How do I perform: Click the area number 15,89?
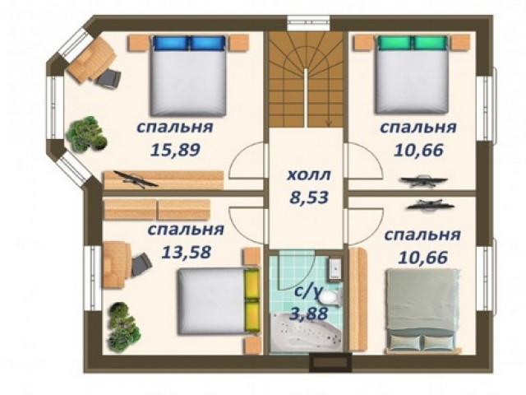pos(175,150)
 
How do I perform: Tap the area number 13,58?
pos(187,252)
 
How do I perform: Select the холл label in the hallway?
pos(309,175)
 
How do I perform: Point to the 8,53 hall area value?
pos(309,197)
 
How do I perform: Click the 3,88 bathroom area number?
pos(308,314)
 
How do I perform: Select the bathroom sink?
pos(335,268)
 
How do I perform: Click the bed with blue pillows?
pos(188,75)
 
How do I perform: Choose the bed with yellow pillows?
pos(219,300)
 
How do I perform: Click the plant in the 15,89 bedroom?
pos(86,133)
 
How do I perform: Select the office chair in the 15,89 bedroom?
pos(109,79)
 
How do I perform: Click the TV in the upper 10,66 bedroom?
pos(424,179)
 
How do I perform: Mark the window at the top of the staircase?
pos(309,23)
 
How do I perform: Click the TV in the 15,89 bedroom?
pos(135,179)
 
